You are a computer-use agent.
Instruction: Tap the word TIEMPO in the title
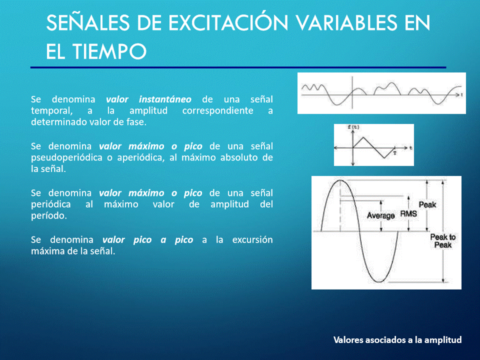click(109, 51)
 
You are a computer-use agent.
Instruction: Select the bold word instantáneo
click(165, 99)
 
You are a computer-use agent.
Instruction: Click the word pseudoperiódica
click(66, 158)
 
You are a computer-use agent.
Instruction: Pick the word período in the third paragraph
click(48, 216)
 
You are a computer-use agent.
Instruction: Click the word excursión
click(252, 239)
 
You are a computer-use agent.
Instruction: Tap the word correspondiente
click(217, 111)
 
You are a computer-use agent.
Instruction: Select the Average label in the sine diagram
click(381, 216)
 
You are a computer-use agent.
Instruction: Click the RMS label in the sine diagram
click(408, 213)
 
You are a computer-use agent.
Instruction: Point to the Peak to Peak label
click(443, 241)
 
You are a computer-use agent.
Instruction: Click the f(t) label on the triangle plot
click(353, 127)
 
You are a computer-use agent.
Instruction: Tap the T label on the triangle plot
click(395, 153)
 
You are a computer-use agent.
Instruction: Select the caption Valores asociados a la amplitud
click(397, 340)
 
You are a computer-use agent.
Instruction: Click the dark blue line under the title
click(238, 67)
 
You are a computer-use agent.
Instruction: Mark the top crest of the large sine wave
click(340, 180)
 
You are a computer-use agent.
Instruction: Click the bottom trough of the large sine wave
click(379, 281)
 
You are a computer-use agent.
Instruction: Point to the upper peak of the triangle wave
click(363, 137)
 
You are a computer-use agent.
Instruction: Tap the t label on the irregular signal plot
click(461, 95)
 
